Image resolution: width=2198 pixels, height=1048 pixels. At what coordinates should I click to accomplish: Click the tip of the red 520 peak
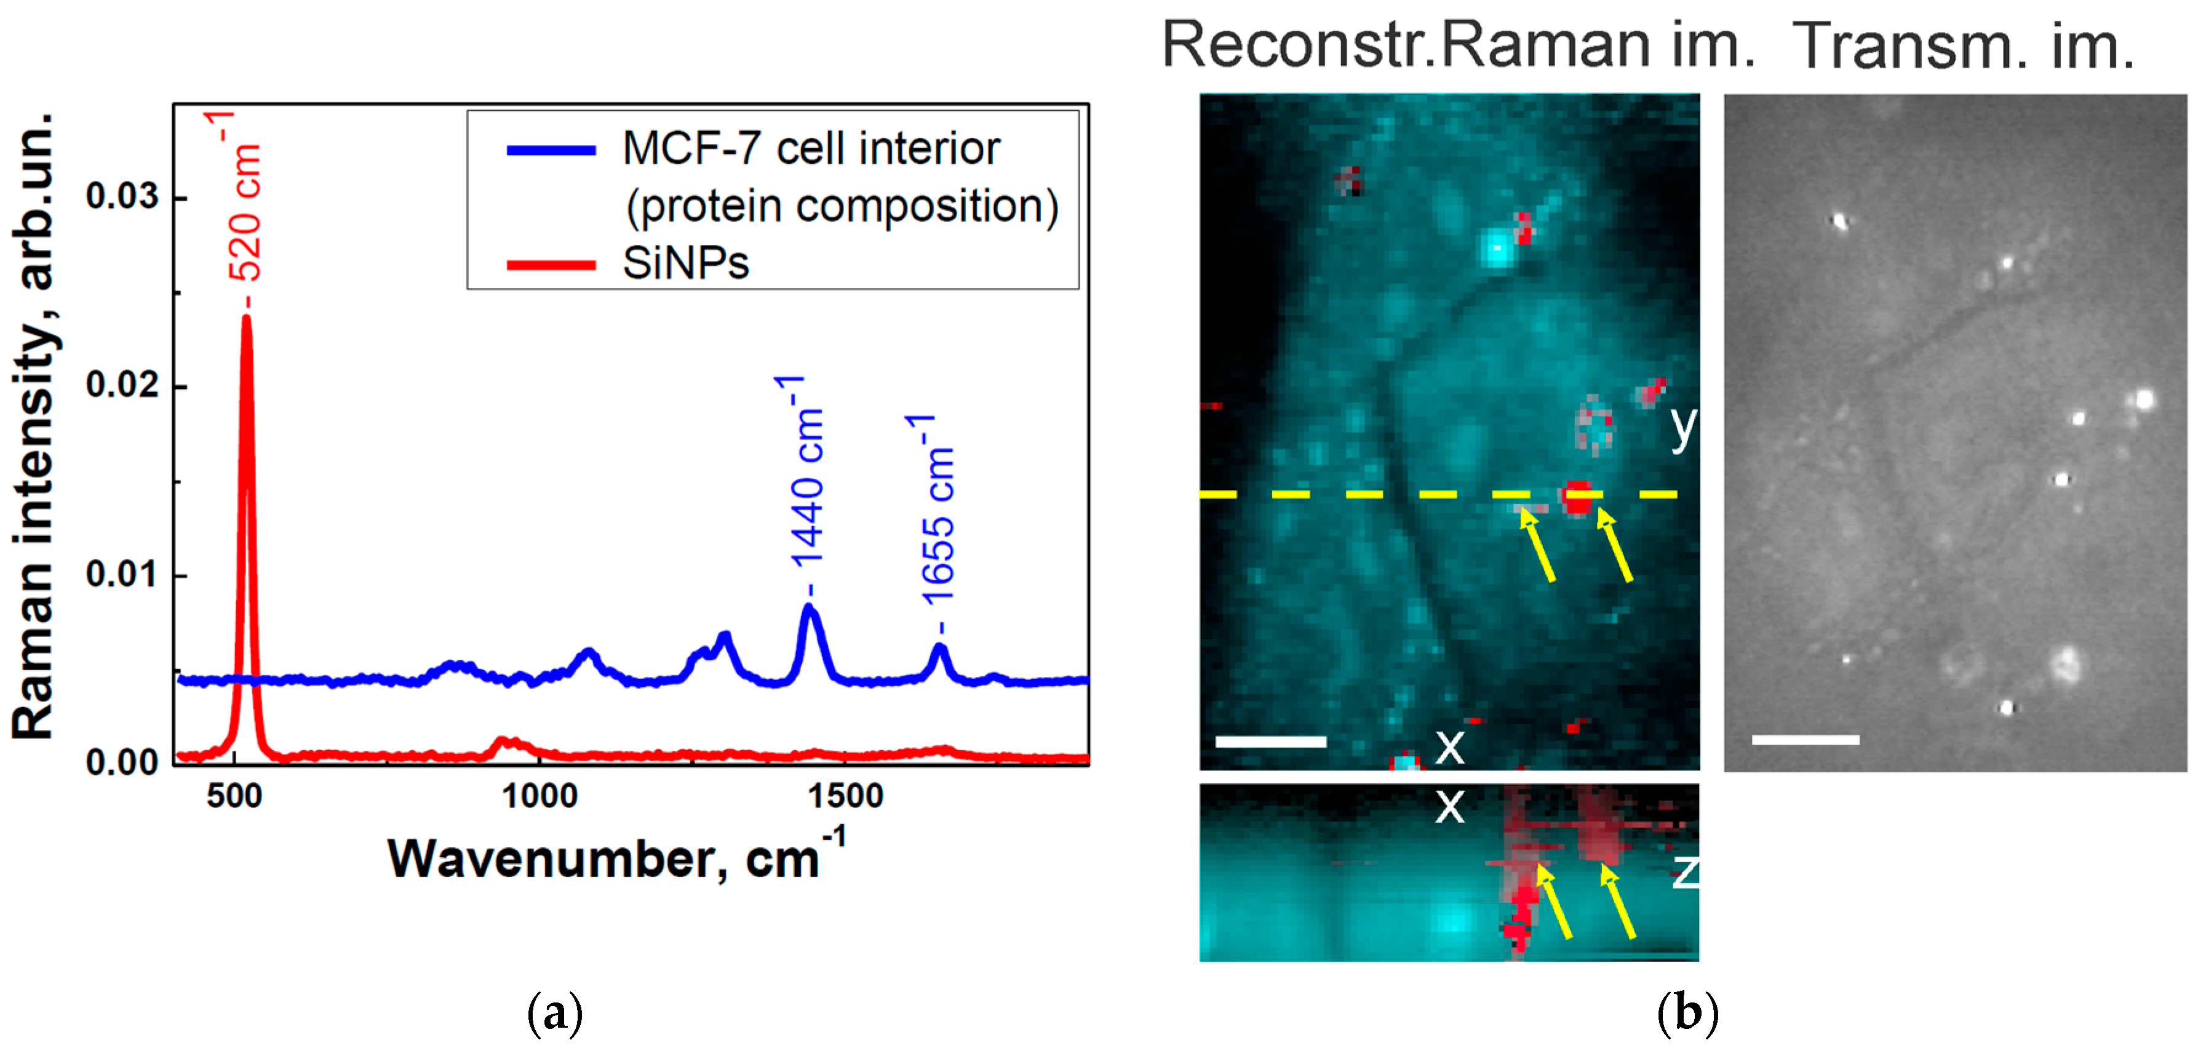pyautogui.click(x=247, y=318)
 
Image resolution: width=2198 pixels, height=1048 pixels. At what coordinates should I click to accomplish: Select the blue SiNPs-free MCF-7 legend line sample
pyautogui.click(x=551, y=150)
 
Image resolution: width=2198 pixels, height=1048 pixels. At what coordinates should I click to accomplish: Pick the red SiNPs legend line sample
pyautogui.click(x=551, y=265)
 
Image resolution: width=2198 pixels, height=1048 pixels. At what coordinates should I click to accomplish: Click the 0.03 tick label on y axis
pyautogui.click(x=122, y=196)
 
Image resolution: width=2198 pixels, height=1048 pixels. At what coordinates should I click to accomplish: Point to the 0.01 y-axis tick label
pyautogui.click(x=122, y=574)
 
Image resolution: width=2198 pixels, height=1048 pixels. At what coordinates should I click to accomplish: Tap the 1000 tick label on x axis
pyautogui.click(x=540, y=796)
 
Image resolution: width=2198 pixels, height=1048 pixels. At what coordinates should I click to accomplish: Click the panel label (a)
pyautogui.click(x=555, y=1013)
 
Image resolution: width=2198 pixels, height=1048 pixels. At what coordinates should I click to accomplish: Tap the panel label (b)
pyautogui.click(x=1687, y=1013)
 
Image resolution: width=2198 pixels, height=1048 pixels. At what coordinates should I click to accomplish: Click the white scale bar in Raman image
pyautogui.click(x=1270, y=742)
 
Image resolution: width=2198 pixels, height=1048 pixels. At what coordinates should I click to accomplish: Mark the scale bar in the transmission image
pyautogui.click(x=1806, y=740)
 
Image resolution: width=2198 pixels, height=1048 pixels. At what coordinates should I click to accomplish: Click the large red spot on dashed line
pyautogui.click(x=1577, y=498)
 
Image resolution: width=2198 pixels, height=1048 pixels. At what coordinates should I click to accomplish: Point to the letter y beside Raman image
pyautogui.click(x=1682, y=426)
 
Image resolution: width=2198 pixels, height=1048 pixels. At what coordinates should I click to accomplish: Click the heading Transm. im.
pyautogui.click(x=1962, y=46)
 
